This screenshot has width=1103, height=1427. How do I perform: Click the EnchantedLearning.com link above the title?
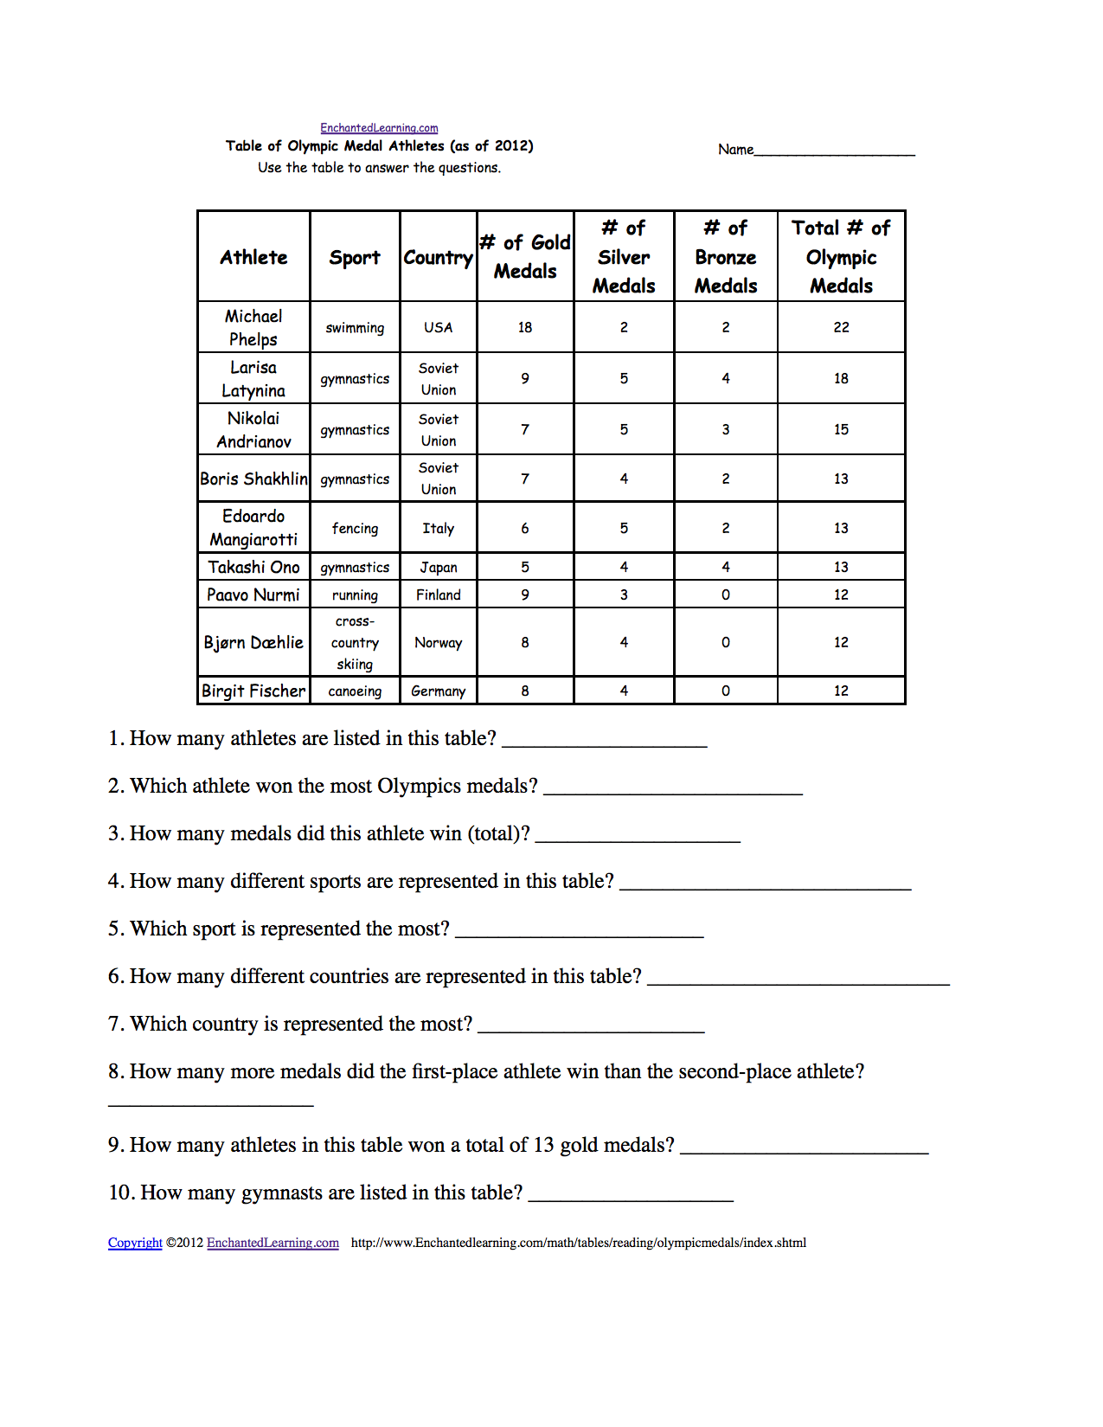pyautogui.click(x=379, y=128)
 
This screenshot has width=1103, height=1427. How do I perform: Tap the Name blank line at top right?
pyautogui.click(x=834, y=151)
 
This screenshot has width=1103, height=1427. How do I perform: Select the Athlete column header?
pyautogui.click(x=253, y=257)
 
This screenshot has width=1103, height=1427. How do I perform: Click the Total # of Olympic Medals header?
pyautogui.click(x=841, y=257)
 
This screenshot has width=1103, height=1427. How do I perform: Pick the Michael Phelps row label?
pyautogui.click(x=253, y=328)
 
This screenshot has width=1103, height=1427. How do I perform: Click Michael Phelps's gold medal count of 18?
pyautogui.click(x=525, y=328)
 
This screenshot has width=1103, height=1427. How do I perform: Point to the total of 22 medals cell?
pyautogui.click(x=841, y=328)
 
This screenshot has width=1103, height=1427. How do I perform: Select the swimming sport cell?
pyautogui.click(x=355, y=328)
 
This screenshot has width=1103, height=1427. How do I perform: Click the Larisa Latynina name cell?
pyautogui.click(x=253, y=379)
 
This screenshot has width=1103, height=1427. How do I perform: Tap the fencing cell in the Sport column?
pyautogui.click(x=355, y=529)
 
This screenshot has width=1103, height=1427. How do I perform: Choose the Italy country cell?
pyautogui.click(x=438, y=529)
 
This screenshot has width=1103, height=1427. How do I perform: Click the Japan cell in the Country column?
pyautogui.click(x=438, y=568)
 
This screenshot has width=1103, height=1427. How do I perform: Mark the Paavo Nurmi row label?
pyautogui.click(x=253, y=595)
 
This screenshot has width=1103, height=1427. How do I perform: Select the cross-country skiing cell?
pyautogui.click(x=355, y=643)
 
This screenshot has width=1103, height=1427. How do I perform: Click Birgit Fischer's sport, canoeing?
pyautogui.click(x=355, y=691)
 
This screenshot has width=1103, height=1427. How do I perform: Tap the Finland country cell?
pyautogui.click(x=438, y=595)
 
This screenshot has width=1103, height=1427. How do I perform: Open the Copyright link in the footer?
pyautogui.click(x=135, y=1243)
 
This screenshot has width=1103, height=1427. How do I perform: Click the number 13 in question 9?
pyautogui.click(x=543, y=1146)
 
